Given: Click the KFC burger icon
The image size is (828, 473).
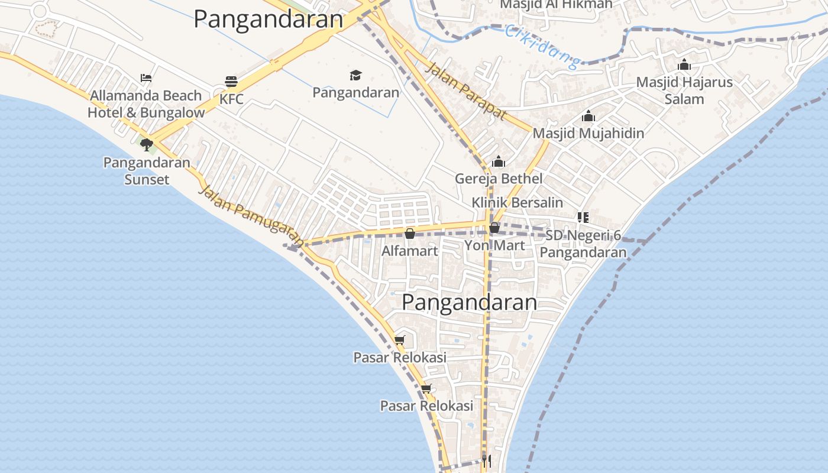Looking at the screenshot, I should tap(231, 82).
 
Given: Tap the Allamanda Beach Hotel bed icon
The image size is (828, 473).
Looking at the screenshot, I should tap(146, 77).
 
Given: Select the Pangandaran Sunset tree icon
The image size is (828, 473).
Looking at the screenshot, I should tap(147, 144).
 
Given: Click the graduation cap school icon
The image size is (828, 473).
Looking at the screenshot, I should tap(355, 75).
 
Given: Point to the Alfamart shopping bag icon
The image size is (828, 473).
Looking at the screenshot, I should tap(409, 234).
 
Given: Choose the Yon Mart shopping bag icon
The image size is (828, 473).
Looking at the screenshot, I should tap(494, 227).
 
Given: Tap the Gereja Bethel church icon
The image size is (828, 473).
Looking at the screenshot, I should tap(499, 161).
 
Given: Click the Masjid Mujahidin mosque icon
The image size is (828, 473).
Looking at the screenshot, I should tap(588, 116).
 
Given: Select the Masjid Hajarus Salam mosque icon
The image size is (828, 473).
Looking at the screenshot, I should tap(684, 64).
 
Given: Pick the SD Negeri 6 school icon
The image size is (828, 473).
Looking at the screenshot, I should tap(583, 218).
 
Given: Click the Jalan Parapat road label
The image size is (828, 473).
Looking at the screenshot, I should tap(467, 91).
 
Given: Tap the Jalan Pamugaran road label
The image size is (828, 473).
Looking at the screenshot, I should tap(252, 216).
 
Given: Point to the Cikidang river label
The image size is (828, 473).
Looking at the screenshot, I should tap(541, 46).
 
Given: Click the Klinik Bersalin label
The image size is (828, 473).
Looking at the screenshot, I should tap(517, 203).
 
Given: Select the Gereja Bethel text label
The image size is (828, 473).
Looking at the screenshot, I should tap(499, 179).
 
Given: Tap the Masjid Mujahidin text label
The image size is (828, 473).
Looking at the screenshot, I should tap(588, 133).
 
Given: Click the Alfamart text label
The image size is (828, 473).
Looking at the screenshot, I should tap(409, 251).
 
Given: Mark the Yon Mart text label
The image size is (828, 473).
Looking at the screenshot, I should tap(494, 245).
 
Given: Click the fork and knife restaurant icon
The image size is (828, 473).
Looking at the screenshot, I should tap(486, 461).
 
